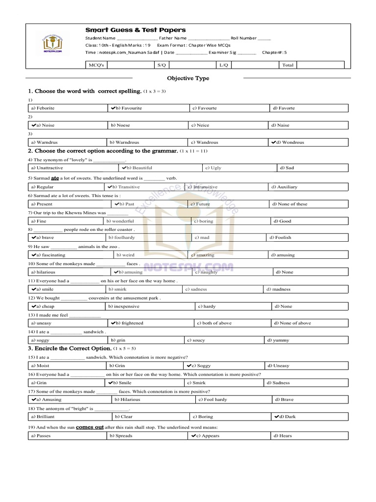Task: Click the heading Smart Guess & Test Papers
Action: [x=135, y=30]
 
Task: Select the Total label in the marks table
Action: [x=288, y=65]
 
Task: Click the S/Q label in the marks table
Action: [x=162, y=65]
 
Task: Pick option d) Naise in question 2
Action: [x=280, y=125]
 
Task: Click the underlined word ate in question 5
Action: [x=55, y=178]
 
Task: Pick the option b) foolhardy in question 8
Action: [x=121, y=237]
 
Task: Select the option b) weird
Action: [x=125, y=255]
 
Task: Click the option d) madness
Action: [x=279, y=289]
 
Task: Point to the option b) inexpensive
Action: [x=124, y=306]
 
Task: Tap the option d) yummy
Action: [x=278, y=340]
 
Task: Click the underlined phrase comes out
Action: [x=90, y=427]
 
